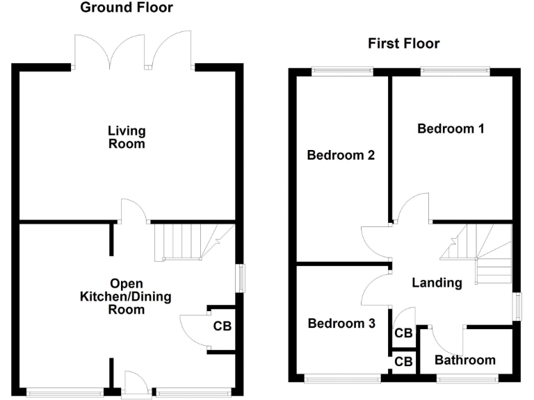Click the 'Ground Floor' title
click(127, 8)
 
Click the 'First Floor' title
click(403, 44)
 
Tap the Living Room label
click(127, 137)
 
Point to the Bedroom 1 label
click(450, 128)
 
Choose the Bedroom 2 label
click(341, 156)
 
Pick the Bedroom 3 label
click(341, 324)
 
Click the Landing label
click(437, 283)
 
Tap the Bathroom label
click(465, 360)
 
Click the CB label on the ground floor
click(222, 326)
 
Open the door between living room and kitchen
click(133, 210)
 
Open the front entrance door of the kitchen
click(136, 383)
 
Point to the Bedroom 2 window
click(341, 70)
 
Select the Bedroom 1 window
click(455, 70)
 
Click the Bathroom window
click(467, 378)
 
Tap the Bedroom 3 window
click(342, 378)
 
